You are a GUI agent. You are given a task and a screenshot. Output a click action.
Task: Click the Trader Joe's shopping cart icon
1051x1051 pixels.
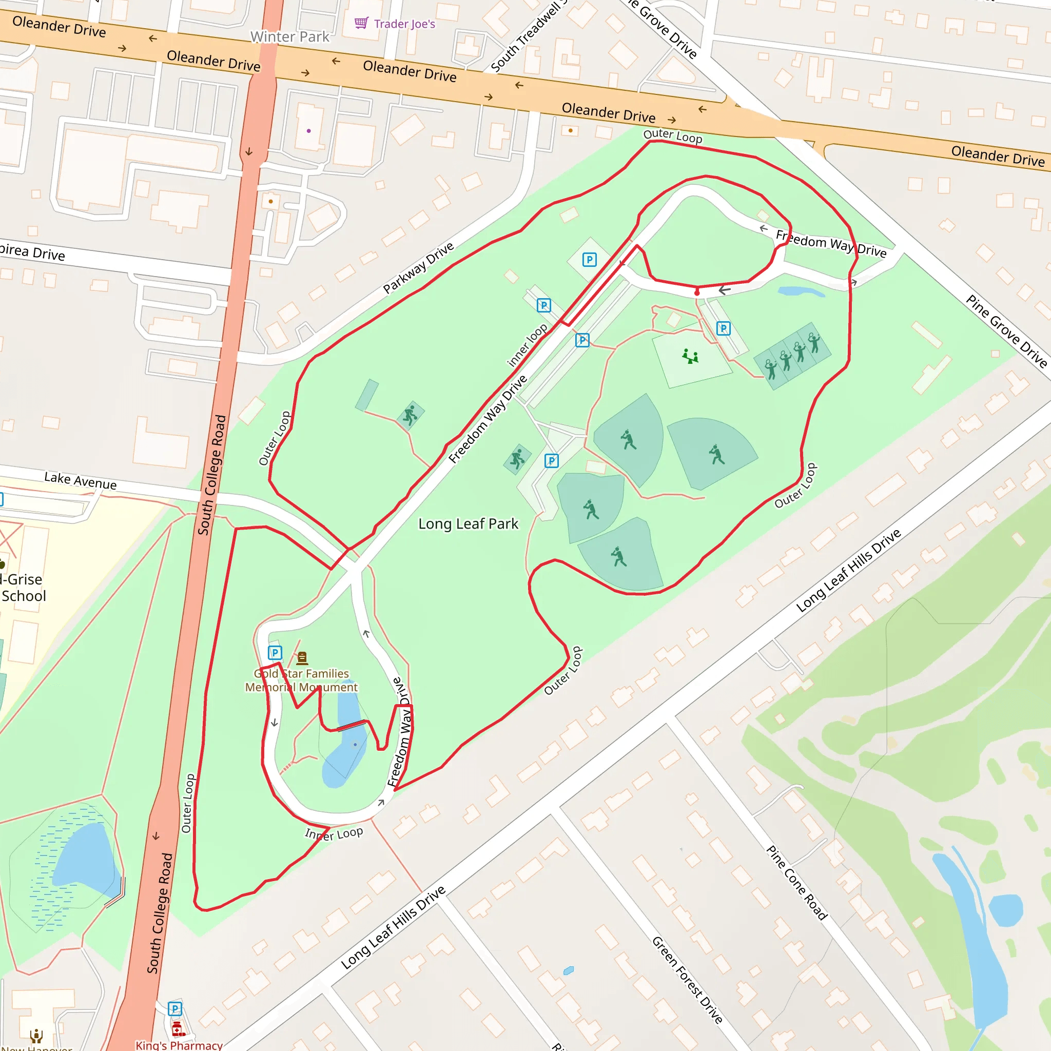[361, 23]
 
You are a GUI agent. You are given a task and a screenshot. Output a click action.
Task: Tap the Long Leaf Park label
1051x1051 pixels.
[468, 523]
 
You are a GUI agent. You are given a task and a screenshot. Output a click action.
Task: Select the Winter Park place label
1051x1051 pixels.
[289, 36]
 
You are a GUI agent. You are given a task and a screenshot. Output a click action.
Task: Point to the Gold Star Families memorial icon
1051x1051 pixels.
[302, 658]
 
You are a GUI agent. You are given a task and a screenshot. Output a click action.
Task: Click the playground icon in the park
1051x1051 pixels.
[690, 356]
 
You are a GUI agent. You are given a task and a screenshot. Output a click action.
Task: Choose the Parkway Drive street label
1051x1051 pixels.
[418, 268]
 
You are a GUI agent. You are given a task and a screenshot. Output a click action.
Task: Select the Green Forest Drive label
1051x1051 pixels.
[687, 979]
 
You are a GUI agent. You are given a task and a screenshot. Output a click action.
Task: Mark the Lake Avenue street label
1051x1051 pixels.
[81, 480]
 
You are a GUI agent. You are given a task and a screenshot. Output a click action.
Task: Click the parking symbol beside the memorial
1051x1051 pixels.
[275, 653]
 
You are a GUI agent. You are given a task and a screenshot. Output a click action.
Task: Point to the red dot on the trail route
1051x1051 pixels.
[697, 293]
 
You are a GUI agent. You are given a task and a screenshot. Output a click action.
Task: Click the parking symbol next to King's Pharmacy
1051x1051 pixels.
[174, 1009]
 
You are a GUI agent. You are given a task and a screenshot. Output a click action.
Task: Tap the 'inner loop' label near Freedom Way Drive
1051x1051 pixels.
[527, 345]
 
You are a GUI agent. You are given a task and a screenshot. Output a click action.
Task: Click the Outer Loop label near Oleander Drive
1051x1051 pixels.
[672, 136]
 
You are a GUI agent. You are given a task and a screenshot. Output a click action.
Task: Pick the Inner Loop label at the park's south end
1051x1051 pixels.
[334, 834]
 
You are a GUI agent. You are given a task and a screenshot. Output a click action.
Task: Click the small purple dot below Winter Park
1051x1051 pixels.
[308, 130]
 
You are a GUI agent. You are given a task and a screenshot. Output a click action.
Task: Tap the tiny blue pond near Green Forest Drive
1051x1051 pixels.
[569, 970]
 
